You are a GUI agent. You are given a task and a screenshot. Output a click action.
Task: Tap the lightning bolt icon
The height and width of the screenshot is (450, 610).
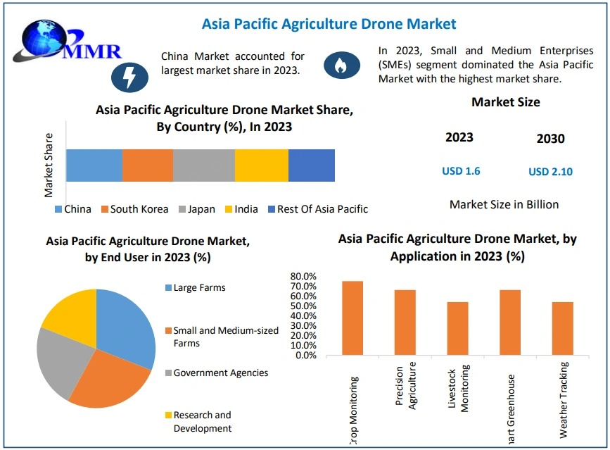coord(129,75)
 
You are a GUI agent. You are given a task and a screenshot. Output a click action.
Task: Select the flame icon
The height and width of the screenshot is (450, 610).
coord(341,65)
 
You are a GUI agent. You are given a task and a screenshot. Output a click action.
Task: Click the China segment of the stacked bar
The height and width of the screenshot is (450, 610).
coord(94,165)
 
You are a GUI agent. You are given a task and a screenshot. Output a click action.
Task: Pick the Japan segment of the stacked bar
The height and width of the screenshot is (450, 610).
coord(204,165)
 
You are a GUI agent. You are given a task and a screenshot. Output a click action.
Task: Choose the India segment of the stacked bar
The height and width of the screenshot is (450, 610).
coord(262,165)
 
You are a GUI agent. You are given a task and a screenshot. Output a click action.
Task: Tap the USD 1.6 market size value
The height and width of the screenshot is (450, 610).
coord(461,171)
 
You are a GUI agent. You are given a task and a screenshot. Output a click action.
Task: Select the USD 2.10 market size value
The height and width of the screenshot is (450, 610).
coord(550,172)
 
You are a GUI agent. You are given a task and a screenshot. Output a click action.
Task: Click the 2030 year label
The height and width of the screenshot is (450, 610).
coord(550,139)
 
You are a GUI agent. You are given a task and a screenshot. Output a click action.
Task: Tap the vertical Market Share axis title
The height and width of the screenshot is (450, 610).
coord(49,164)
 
